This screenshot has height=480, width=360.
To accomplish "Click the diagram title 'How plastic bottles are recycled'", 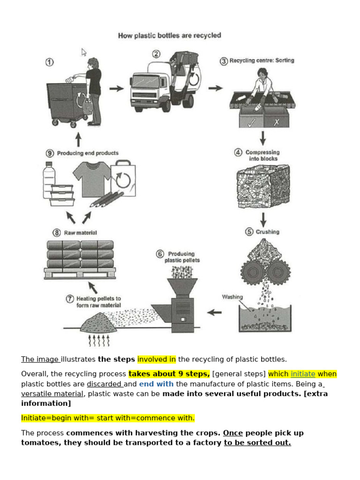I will pos(169,36).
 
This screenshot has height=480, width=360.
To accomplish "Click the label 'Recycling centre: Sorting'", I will pos(262,60).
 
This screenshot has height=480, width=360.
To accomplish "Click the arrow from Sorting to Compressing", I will pos(262,138).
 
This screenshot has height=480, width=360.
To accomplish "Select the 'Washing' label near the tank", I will pos(232,297).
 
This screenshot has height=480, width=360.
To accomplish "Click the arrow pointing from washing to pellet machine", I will pos(214,312).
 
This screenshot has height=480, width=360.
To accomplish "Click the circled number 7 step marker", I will pos(69,299).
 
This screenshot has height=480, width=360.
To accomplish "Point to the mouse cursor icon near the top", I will pos(84,52).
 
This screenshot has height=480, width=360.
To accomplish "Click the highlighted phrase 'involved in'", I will pos(157,360).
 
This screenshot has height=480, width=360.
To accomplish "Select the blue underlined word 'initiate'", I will pos(303,374).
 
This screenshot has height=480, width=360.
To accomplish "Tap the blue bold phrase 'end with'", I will pos(156,384).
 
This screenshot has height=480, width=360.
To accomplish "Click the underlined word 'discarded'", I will pos(104,384).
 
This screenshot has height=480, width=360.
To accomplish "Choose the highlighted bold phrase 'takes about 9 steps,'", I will pos(169,374).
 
